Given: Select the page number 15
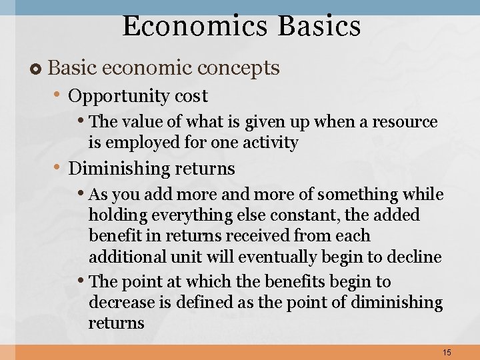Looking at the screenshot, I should click(x=447, y=352).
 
